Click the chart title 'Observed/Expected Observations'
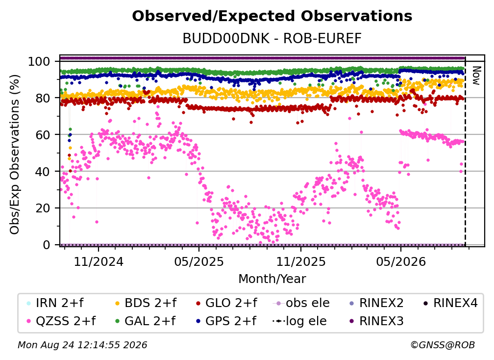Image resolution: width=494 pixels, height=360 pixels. click(272, 16)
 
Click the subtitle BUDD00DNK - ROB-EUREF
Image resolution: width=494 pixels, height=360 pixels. click(272, 38)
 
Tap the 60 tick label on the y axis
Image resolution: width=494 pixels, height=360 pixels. click(43, 135)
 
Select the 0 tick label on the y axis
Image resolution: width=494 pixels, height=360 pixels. click(46, 245)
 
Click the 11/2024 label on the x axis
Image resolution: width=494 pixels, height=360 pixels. click(99, 261)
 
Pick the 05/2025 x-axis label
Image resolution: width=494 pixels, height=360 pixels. click(199, 261)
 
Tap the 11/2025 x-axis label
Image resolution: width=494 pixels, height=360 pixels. click(301, 261)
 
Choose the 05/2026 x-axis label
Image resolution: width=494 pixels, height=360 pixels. click(401, 261)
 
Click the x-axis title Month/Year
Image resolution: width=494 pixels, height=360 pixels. click(272, 279)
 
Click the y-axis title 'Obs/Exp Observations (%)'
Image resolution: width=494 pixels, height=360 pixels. click(15, 154)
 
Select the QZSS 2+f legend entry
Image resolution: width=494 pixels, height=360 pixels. click(61, 321)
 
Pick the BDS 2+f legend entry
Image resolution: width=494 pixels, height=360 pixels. click(146, 303)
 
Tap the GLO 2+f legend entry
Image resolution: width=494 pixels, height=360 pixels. click(226, 303)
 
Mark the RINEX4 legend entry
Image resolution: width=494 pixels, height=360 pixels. click(450, 303)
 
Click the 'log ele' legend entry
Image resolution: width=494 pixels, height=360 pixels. click(299, 321)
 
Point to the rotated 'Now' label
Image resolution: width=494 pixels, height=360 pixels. click(476, 76)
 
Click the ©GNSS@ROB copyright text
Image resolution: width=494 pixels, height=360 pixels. click(443, 345)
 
